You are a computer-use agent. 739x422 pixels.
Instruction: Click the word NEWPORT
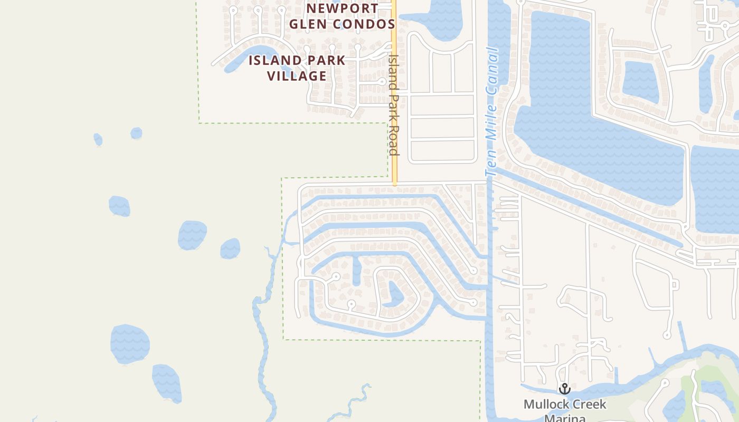point(343,8)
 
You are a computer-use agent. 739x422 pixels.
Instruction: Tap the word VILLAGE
point(297,76)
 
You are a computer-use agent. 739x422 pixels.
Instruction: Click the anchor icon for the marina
point(565,389)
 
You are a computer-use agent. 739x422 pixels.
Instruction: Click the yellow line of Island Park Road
point(394,169)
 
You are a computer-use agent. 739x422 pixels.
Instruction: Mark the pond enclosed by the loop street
point(395,294)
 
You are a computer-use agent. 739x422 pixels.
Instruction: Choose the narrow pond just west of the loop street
point(357,271)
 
